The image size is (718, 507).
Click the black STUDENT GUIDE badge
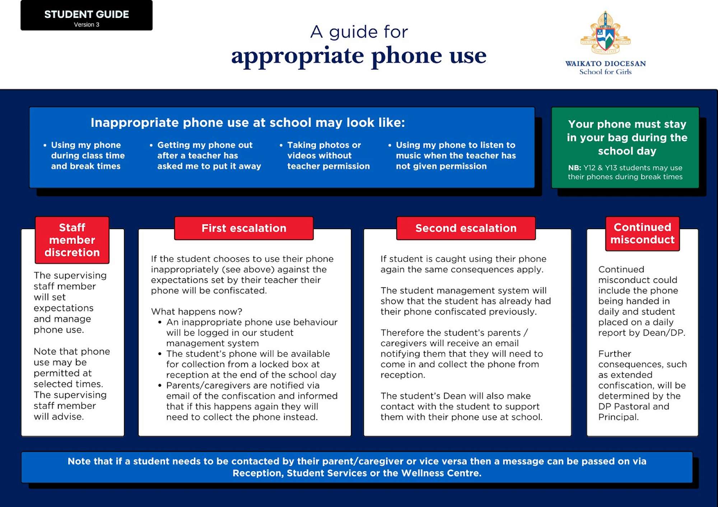pyautogui.click(x=86, y=15)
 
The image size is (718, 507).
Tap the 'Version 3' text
pyautogui.click(x=87, y=25)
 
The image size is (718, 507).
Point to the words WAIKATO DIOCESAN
pyautogui.click(x=605, y=64)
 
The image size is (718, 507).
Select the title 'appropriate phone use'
pyautogui.click(x=359, y=56)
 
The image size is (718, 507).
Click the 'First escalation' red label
pyautogui.click(x=244, y=228)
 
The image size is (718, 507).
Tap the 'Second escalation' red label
pyautogui.click(x=466, y=228)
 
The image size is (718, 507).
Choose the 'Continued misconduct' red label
pyautogui.click(x=642, y=233)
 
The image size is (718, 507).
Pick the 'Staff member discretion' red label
pyautogui.click(x=72, y=240)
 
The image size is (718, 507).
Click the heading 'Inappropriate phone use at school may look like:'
pyautogui.click(x=248, y=123)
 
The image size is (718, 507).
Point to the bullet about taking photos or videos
pyautogui.click(x=328, y=155)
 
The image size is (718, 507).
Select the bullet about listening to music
pyautogui.click(x=456, y=155)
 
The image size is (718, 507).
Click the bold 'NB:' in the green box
pyautogui.click(x=574, y=168)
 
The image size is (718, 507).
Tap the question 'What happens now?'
pyautogui.click(x=197, y=311)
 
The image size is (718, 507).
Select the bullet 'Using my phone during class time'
pyautogui.click(x=88, y=155)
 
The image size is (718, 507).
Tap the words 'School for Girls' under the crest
pyautogui.click(x=605, y=72)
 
